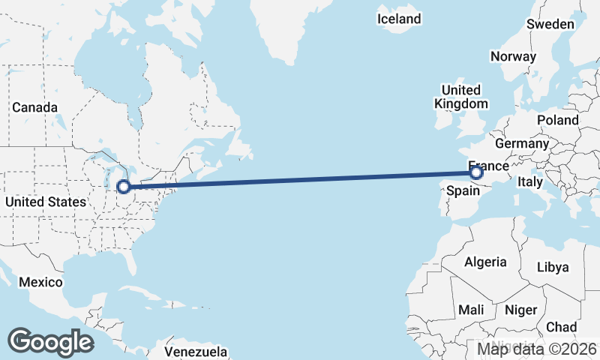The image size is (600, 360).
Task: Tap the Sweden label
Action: pos(550,24)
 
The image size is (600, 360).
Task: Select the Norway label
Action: pos(513,56)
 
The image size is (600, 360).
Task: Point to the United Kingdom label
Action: pos(461,97)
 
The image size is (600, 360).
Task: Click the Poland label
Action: pos(557,120)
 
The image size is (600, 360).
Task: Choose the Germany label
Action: pos(522,143)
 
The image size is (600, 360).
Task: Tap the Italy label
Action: pos(530,181)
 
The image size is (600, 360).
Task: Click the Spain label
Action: pos(463,191)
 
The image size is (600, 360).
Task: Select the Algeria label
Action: pos(485,262)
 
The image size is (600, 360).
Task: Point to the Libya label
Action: pos(553,267)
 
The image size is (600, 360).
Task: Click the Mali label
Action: pos(471,310)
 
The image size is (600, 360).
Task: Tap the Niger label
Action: pos(521,310)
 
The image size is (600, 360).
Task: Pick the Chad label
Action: pos(562,327)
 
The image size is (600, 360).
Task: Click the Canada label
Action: pos(34,107)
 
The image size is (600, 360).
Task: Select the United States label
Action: pos(45,202)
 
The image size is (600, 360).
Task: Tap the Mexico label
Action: pos(39,282)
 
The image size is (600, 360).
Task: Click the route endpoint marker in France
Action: pos(476,173)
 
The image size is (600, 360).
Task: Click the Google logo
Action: pos(51,342)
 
